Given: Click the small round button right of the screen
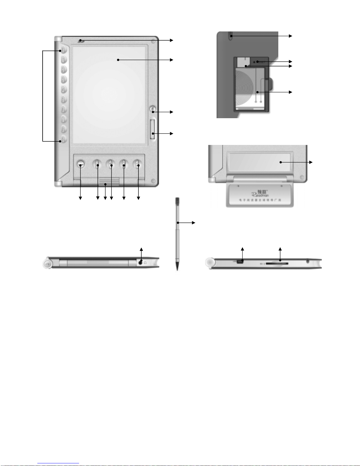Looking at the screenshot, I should click(x=153, y=109).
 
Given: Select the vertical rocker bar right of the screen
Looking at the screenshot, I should click(x=153, y=129).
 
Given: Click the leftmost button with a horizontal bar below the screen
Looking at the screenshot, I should click(x=81, y=164).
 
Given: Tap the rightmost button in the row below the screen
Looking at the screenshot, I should click(x=137, y=164).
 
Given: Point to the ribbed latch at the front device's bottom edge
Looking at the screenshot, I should click(x=109, y=182).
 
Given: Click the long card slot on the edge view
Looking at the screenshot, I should click(x=276, y=263).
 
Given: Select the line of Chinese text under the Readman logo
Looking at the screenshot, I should click(x=260, y=200).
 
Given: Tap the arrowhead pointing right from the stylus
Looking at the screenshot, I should click(x=194, y=223).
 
